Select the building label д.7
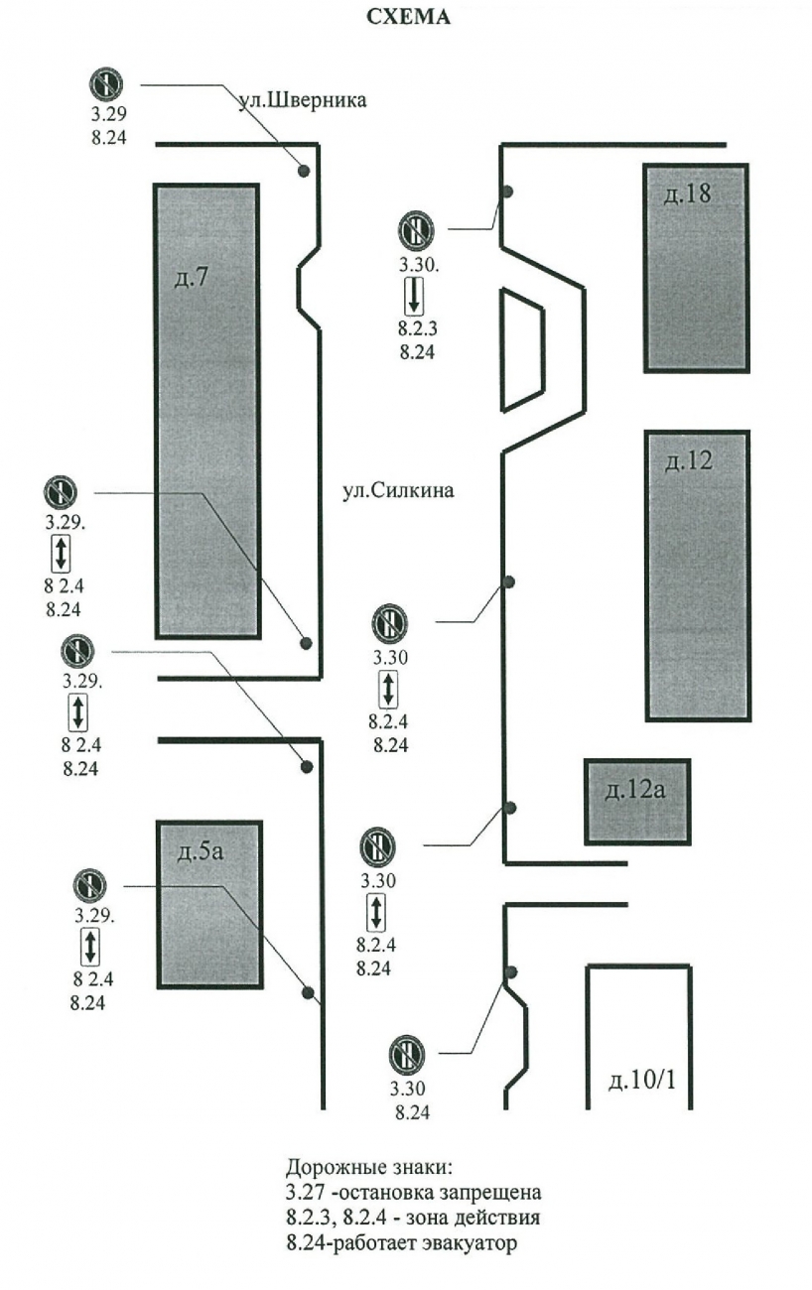(191, 279)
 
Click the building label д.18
(687, 193)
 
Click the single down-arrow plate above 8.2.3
(414, 297)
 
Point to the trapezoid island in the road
(521, 349)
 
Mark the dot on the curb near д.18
(506, 192)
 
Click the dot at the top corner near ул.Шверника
(305, 172)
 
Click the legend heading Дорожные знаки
(368, 1165)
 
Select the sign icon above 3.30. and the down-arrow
(415, 230)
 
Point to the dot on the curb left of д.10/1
(511, 971)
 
